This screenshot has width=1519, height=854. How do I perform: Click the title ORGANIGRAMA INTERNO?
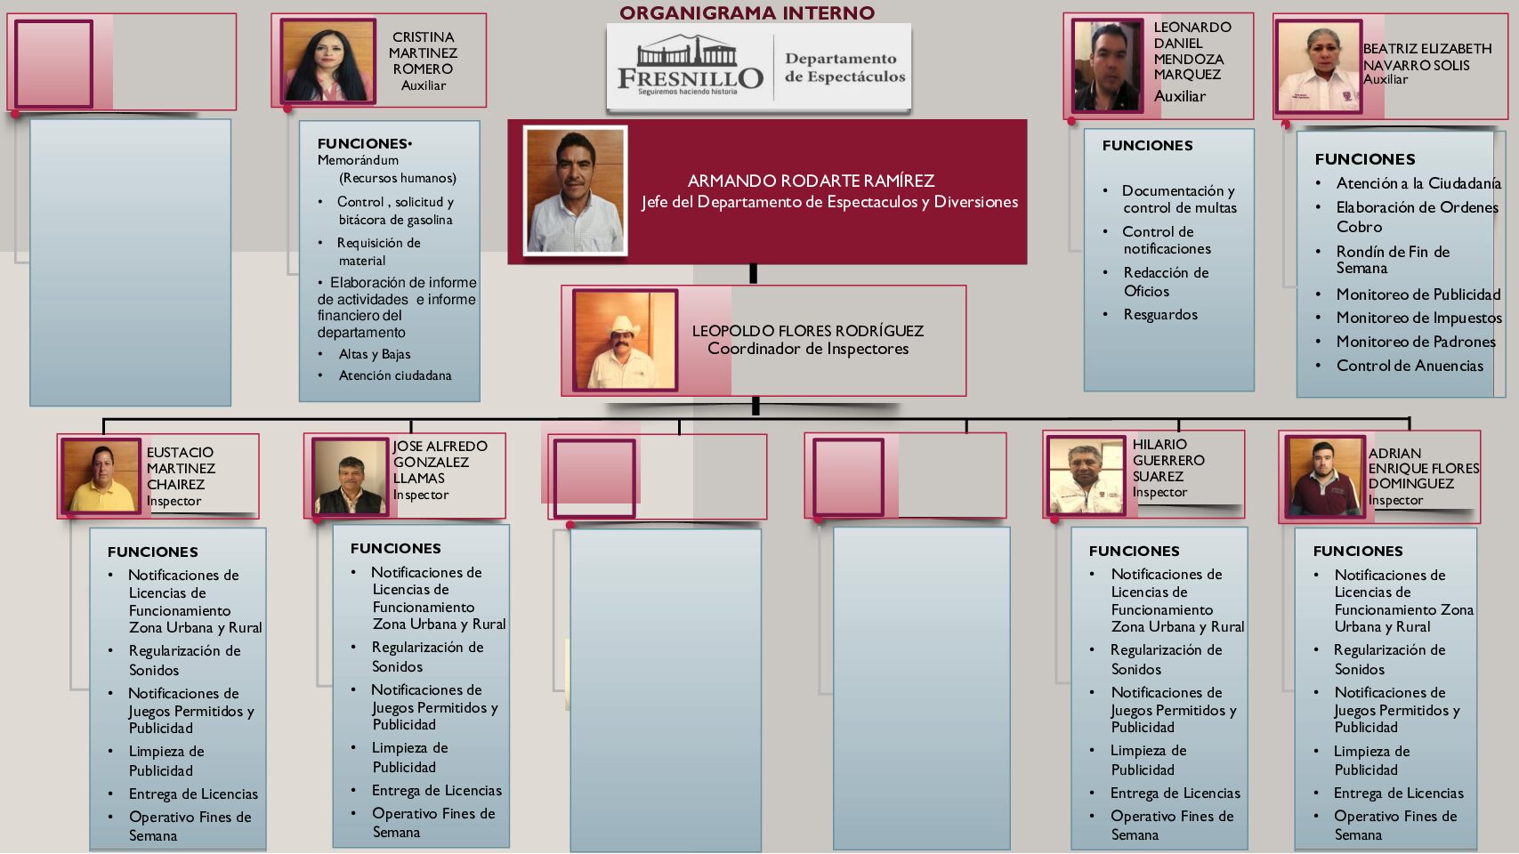747,12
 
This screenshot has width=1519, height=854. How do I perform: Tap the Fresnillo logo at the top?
691,68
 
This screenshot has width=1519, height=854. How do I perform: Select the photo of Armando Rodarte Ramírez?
576,190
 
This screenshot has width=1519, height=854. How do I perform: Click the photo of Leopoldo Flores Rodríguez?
625,340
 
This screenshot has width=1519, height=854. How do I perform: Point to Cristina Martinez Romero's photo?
327,61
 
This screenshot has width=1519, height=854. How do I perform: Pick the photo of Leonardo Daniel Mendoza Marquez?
1108,67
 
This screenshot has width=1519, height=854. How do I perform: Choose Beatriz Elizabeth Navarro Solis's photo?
1319,68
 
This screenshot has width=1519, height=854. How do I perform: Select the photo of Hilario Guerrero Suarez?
1087,476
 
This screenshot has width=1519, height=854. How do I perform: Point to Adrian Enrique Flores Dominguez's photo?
1321,477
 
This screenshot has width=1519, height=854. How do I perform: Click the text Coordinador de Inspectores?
808,349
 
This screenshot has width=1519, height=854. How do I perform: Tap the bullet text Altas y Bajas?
375,354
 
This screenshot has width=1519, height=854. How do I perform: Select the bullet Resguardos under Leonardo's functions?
1160,314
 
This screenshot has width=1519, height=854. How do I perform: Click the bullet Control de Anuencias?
1410,366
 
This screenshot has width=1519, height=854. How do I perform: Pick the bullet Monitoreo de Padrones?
1416,342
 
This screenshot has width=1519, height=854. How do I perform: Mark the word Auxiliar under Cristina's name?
424,85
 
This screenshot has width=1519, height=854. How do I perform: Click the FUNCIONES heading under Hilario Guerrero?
1134,551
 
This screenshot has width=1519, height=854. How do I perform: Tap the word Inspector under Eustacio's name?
174,501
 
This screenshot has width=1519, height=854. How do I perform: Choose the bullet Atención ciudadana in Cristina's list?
395,375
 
